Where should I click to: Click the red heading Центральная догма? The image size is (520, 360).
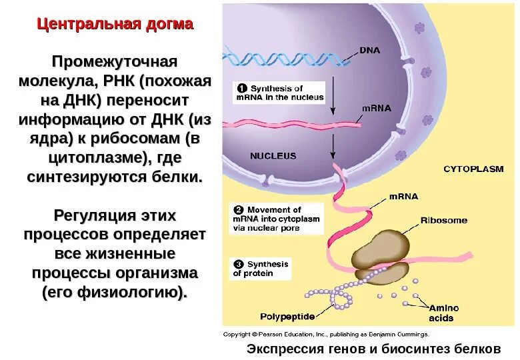[x=115, y=25]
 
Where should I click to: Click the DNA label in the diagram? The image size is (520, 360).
[x=371, y=50]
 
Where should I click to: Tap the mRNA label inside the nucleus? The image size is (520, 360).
[x=377, y=107]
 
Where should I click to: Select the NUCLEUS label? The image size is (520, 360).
[x=273, y=156]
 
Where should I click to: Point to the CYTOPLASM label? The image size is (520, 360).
[x=473, y=169]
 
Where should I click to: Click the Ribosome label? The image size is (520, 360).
[x=443, y=220]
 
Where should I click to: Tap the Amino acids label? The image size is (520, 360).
[x=443, y=313]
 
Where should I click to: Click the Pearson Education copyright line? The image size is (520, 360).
[x=326, y=334]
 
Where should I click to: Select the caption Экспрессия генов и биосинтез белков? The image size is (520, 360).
[x=373, y=349]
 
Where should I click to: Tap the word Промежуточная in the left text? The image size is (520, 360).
[x=115, y=62]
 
